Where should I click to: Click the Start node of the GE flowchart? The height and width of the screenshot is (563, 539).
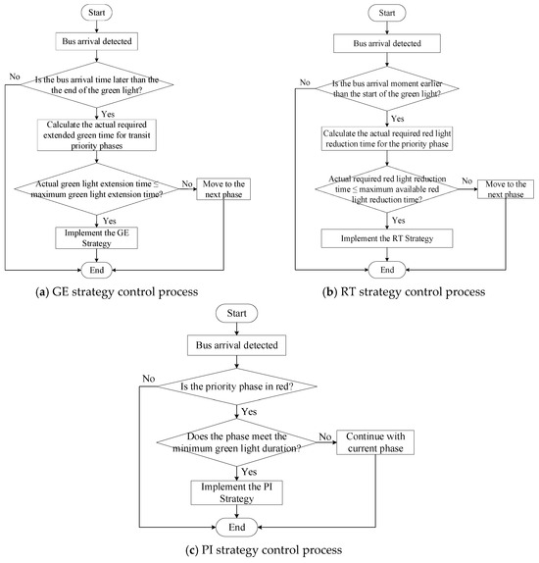[x=97, y=13]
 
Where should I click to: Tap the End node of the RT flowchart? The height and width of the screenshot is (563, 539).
[x=387, y=270]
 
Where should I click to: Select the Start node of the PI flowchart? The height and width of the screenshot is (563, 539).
[x=236, y=313]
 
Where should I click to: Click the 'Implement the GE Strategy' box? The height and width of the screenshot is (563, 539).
[x=97, y=237]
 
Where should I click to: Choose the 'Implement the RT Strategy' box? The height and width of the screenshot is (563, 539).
[x=387, y=238]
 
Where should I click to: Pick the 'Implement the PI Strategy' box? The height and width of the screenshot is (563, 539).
[x=236, y=492]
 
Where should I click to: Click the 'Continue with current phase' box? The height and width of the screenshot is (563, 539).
[x=375, y=442]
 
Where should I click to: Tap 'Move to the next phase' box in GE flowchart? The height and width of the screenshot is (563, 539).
[x=223, y=189]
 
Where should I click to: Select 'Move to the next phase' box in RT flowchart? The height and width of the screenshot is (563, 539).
[x=506, y=189]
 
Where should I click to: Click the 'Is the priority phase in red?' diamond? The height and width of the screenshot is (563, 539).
[x=237, y=386]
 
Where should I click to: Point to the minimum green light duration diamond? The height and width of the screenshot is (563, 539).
[x=236, y=442]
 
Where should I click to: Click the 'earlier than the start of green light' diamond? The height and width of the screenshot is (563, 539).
[x=387, y=88]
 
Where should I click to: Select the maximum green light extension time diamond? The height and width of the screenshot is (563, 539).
[x=97, y=189]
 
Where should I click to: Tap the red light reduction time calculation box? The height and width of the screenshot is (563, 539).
[x=387, y=138]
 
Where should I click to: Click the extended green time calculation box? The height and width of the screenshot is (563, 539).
[x=97, y=135]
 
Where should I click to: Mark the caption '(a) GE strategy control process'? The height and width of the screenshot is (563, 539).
[x=117, y=291]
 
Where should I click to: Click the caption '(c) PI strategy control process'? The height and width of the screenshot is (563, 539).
[x=264, y=549]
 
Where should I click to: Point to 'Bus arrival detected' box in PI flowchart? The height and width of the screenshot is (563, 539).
[x=236, y=345]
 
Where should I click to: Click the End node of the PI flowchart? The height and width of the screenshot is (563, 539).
[x=236, y=527]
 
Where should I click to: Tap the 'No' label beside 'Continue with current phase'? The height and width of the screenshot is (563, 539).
[x=324, y=436]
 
